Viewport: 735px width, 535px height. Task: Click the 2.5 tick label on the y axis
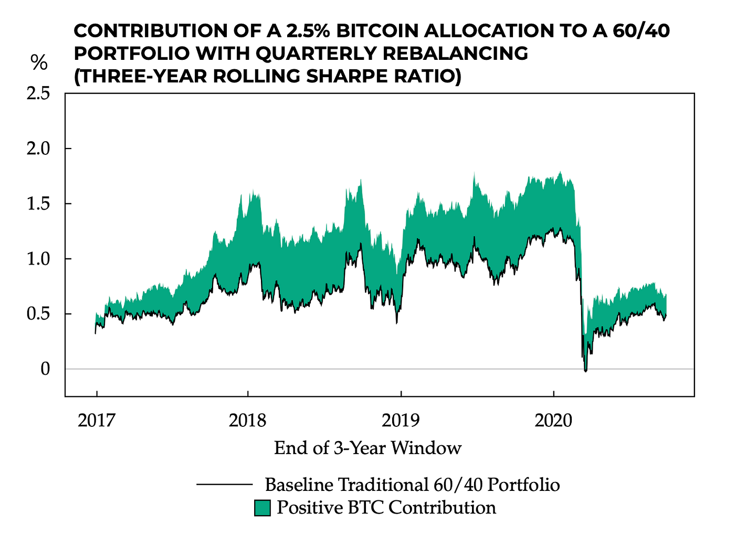tap(38, 93)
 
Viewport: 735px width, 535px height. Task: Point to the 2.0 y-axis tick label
tap(38, 149)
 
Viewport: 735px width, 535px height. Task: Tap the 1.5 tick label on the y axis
tap(38, 204)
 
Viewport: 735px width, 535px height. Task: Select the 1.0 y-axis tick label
tap(38, 259)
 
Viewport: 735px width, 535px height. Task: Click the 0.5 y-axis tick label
tap(38, 314)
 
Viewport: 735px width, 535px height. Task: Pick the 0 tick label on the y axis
tap(46, 369)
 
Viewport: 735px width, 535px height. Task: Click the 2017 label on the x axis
tap(96, 420)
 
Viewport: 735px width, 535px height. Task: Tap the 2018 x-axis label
tap(248, 420)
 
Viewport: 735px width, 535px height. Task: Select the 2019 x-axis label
tap(401, 420)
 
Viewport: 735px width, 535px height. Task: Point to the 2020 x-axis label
tap(553, 420)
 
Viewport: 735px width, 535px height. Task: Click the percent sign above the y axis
tap(39, 63)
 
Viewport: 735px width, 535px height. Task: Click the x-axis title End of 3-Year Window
tap(367, 448)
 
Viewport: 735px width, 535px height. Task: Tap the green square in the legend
tap(262, 508)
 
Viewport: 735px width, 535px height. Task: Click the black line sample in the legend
tap(224, 484)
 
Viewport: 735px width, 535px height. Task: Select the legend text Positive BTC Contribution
tap(386, 508)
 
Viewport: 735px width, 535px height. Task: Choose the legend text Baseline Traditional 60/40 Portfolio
tap(412, 484)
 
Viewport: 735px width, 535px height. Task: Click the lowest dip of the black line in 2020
tap(585, 371)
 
